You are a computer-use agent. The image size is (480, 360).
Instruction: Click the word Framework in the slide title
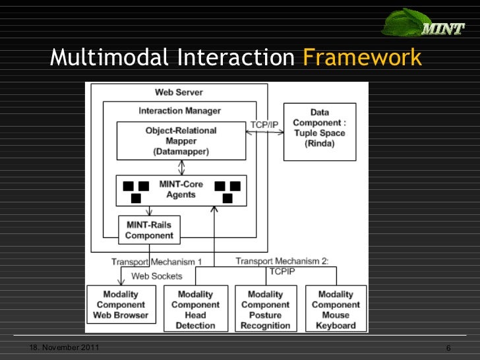[361, 58]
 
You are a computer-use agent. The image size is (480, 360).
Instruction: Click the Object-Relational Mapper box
[181, 140]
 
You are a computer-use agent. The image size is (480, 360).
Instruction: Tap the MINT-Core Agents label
[181, 189]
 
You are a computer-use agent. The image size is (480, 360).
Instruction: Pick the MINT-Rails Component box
[149, 229]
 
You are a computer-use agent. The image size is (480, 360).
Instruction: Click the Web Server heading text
[179, 92]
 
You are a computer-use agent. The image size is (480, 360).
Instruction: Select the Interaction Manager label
[179, 110]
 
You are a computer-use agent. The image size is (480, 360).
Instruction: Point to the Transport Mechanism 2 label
[282, 261]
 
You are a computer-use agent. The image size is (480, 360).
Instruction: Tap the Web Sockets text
[157, 276]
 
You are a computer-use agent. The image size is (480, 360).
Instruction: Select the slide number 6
[448, 348]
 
